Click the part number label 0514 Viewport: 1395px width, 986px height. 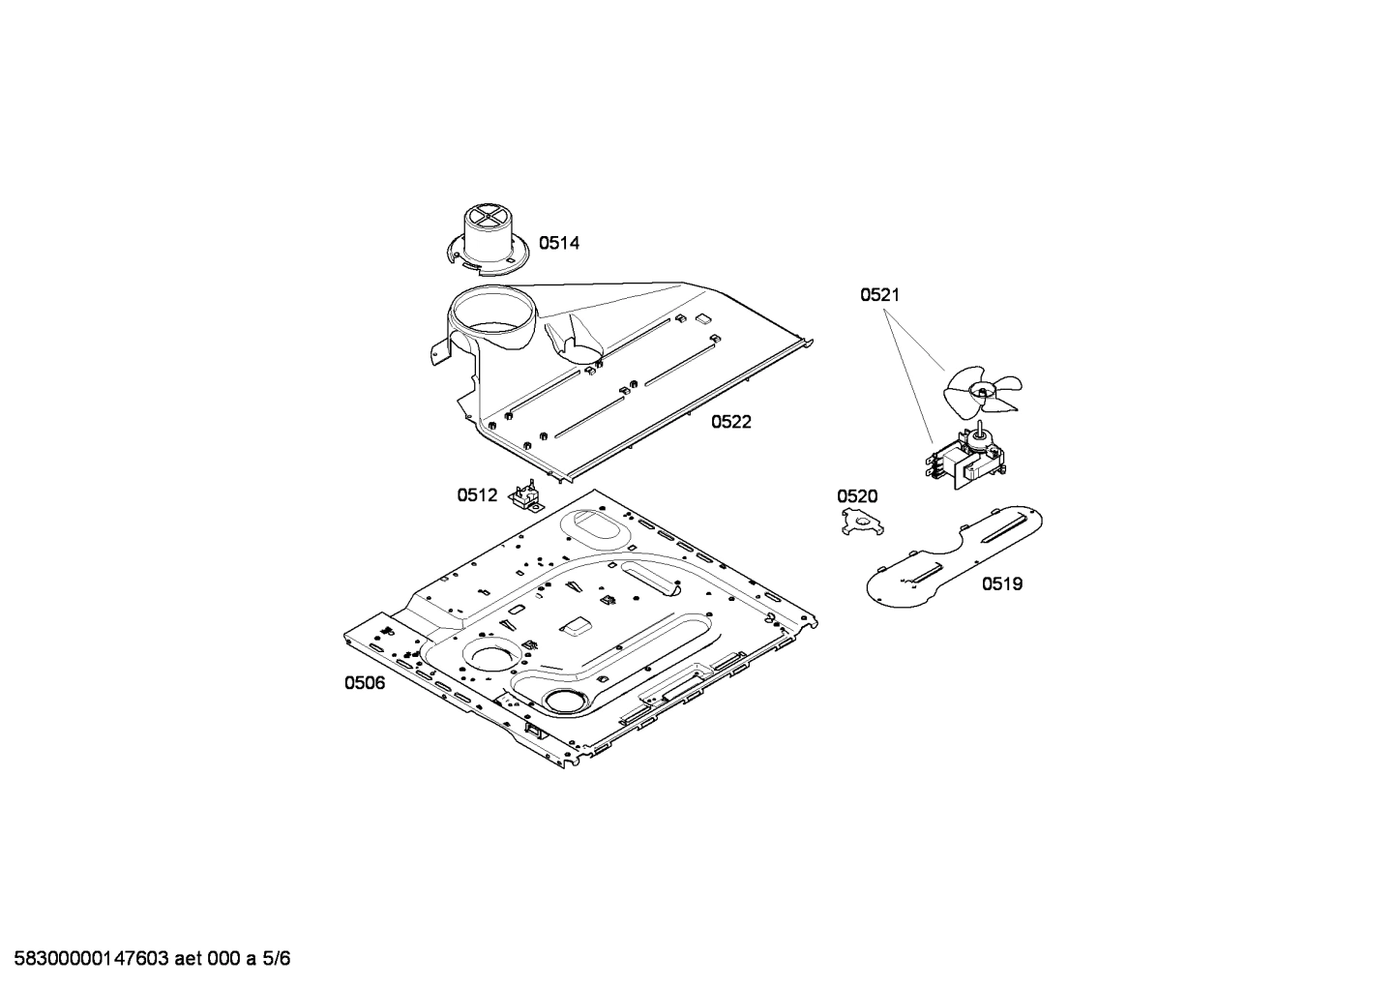click(558, 243)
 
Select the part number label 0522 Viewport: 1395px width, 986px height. click(731, 422)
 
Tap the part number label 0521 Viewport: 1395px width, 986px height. click(880, 294)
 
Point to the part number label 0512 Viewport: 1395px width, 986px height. click(477, 495)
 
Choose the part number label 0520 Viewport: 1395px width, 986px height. click(857, 496)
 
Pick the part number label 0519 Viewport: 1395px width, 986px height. click(1002, 583)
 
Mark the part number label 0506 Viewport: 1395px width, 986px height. click(365, 683)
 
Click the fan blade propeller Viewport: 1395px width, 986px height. click(983, 391)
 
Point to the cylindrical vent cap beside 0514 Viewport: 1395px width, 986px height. click(488, 239)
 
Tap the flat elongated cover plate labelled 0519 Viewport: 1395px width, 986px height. click(955, 556)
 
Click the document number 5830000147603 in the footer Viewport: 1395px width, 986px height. click(92, 959)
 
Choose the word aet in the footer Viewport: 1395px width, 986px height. click(190, 959)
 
